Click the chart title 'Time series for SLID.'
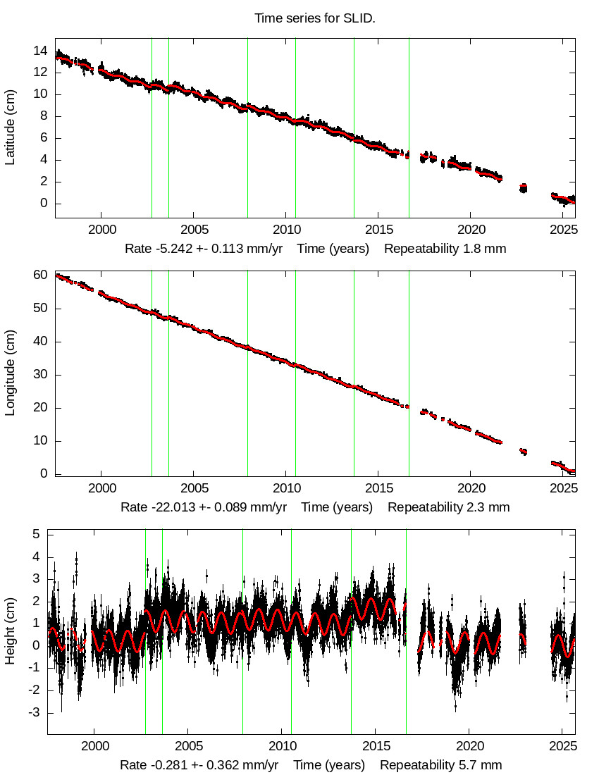click(x=315, y=18)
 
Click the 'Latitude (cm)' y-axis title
click(x=10, y=128)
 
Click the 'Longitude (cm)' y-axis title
click(x=10, y=373)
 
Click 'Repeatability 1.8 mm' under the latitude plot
click(x=445, y=249)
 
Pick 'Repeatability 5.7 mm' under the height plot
click(x=441, y=765)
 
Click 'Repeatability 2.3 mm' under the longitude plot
click(x=448, y=507)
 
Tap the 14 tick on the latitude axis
click(x=39, y=51)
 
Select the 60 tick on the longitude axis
click(x=39, y=275)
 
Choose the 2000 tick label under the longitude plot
click(x=101, y=488)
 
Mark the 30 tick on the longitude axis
click(x=39, y=375)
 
